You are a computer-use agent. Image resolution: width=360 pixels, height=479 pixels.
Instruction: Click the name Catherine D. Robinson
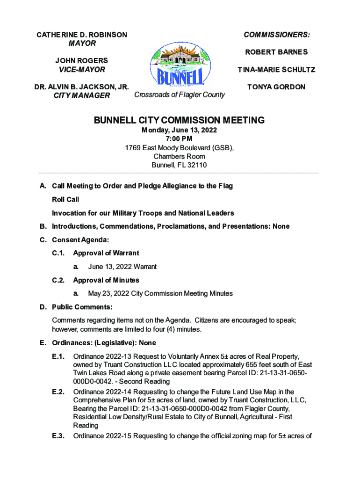click(x=82, y=35)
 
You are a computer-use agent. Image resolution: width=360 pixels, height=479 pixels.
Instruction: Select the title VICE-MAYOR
click(x=82, y=69)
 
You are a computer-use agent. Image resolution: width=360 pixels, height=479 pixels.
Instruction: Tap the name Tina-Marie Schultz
click(x=276, y=70)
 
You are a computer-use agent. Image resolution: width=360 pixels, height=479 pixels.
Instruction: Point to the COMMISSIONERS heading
click(x=277, y=35)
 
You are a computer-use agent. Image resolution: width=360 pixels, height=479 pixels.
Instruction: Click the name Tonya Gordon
click(x=277, y=87)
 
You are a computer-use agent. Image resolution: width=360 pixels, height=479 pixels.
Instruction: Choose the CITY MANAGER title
click(x=82, y=95)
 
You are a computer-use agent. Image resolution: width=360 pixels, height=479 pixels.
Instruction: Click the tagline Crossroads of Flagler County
click(x=179, y=94)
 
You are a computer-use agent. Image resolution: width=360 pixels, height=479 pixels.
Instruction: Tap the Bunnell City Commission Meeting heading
click(x=180, y=120)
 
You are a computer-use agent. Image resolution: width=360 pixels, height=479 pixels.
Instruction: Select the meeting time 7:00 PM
click(x=179, y=139)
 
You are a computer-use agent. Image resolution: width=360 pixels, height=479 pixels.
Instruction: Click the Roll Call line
click(x=65, y=199)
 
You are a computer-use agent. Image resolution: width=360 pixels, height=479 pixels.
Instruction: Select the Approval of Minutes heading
click(x=106, y=280)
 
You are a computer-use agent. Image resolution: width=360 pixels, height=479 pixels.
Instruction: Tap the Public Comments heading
click(x=82, y=307)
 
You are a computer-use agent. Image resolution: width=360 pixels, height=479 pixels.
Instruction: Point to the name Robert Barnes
click(x=277, y=52)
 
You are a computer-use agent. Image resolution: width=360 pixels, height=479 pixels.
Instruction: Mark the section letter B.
click(x=43, y=226)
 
